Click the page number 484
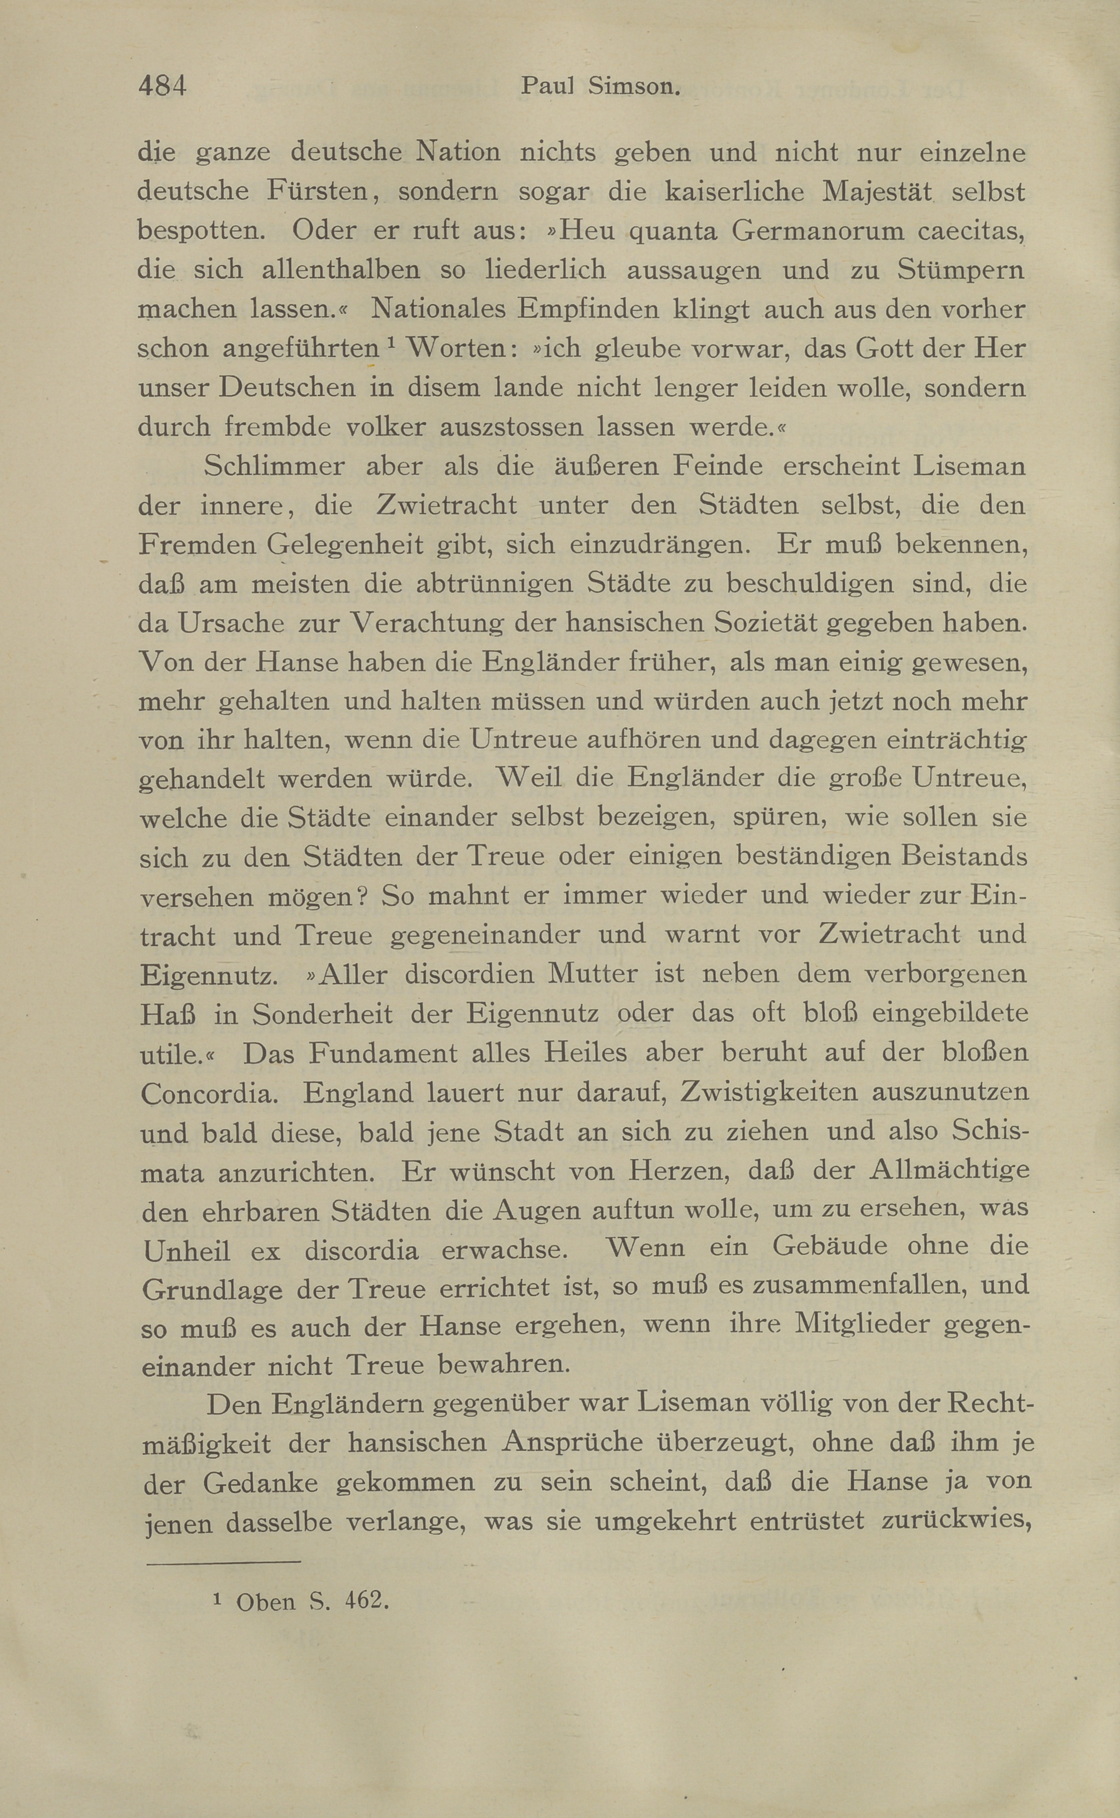pyautogui.click(x=162, y=86)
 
